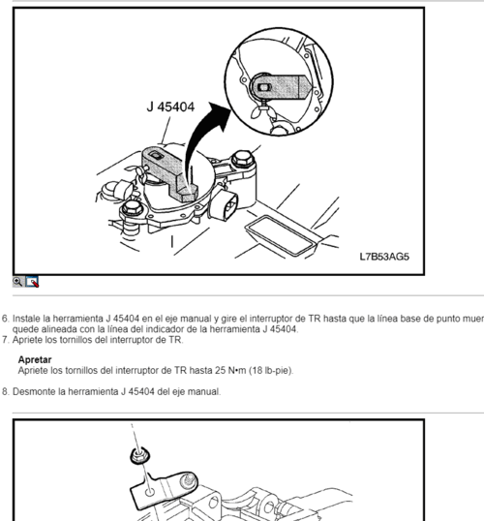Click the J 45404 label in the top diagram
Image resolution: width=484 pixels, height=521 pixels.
[x=170, y=107]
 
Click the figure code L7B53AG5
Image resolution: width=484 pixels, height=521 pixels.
[x=384, y=257]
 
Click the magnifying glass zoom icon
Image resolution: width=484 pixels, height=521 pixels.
[x=17, y=282]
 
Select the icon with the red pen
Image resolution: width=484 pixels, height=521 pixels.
[x=32, y=282]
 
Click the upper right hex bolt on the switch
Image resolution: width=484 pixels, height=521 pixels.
[x=243, y=158]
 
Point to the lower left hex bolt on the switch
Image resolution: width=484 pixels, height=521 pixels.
[x=133, y=208]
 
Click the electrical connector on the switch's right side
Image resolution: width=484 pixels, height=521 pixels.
[x=225, y=204]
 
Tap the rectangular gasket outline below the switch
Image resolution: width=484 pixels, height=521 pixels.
[x=281, y=236]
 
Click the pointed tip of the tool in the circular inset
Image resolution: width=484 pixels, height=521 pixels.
[x=312, y=88]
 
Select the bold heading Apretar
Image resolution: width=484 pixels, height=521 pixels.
[x=35, y=360]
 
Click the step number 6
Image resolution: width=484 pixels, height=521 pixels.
[x=5, y=319]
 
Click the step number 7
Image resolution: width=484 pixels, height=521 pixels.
[x=5, y=340]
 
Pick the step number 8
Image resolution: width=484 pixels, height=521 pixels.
[x=5, y=392]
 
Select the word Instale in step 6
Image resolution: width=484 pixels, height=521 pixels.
[x=26, y=319]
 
